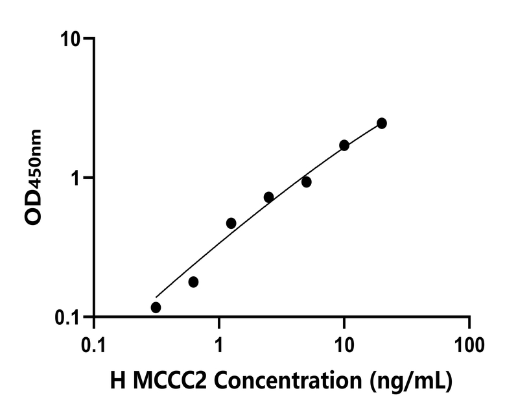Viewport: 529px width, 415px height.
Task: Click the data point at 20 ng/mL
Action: [382, 123]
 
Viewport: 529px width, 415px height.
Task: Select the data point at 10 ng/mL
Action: [344, 145]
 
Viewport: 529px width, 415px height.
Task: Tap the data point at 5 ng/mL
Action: [306, 182]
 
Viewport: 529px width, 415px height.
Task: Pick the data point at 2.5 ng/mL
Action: [268, 197]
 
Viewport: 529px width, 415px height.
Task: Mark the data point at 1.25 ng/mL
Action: [231, 223]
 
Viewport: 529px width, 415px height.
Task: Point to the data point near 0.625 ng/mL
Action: [193, 282]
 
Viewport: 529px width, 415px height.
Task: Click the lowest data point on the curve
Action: [156, 307]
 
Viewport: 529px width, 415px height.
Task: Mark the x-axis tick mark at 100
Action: [469, 323]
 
